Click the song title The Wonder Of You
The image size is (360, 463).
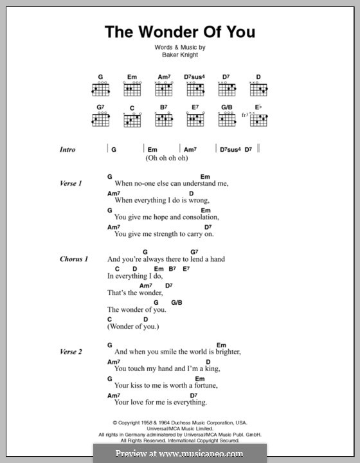pos(179,33)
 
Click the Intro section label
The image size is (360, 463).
pos(67,149)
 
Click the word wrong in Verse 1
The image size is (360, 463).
pos(194,201)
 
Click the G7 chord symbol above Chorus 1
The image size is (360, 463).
pos(194,251)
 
